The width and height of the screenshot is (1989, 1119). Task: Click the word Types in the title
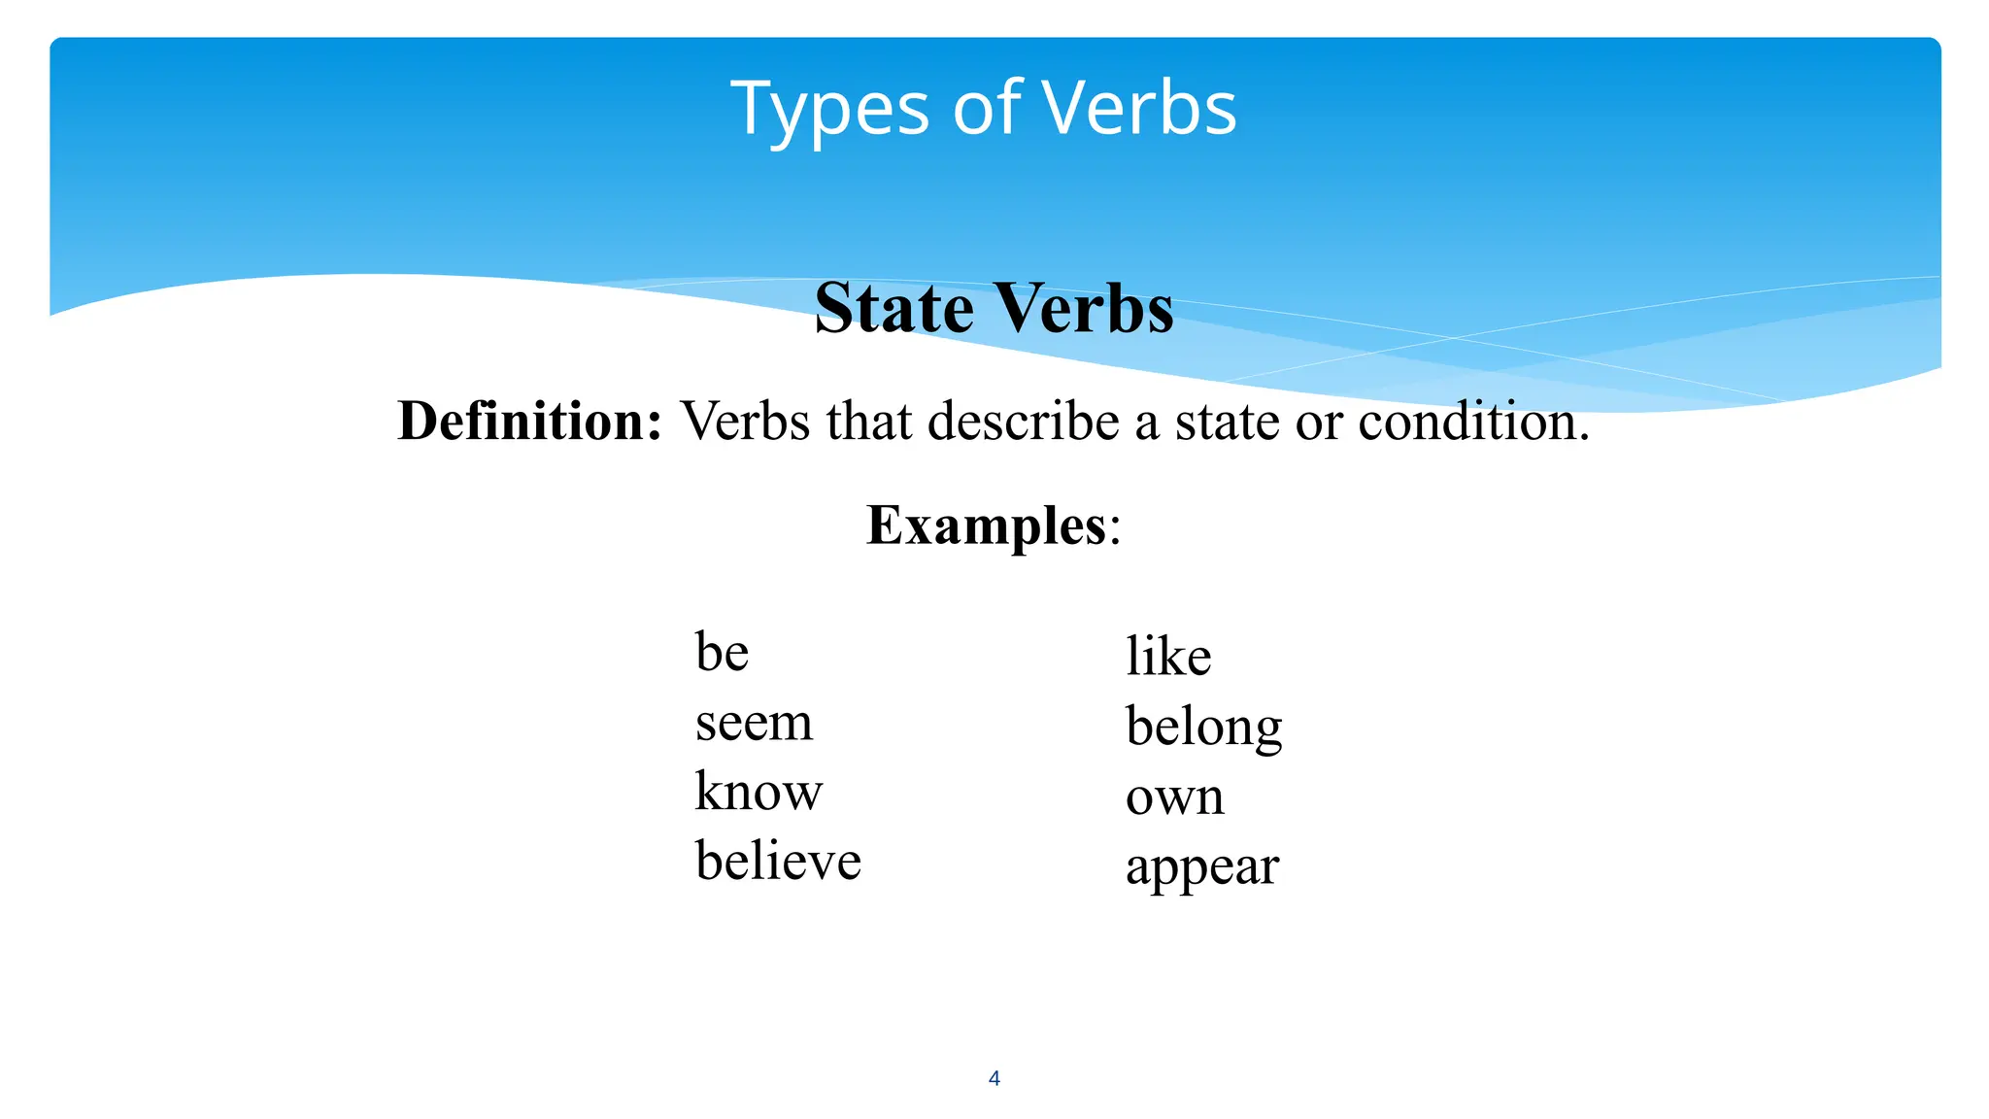pos(829,109)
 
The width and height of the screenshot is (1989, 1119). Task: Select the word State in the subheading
pos(893,309)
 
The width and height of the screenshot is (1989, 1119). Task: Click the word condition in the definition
pos(1472,422)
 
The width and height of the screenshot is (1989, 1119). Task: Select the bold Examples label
pos(986,526)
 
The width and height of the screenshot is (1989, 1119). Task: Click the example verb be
pos(722,652)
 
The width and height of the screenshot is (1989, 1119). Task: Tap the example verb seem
pos(754,723)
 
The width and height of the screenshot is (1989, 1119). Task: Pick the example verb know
pos(759,791)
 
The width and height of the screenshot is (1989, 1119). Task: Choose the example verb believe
pos(778,861)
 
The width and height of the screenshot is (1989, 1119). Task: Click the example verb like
pos(1168,656)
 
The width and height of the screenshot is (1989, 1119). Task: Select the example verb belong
pos(1204,727)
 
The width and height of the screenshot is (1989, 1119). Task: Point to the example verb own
pos(1174,797)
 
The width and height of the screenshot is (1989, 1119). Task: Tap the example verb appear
pos(1202,866)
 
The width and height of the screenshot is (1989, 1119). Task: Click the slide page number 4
pos(994,1077)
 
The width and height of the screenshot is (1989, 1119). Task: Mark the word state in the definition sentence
pos(1227,422)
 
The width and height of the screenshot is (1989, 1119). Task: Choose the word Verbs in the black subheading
pos(1085,309)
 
